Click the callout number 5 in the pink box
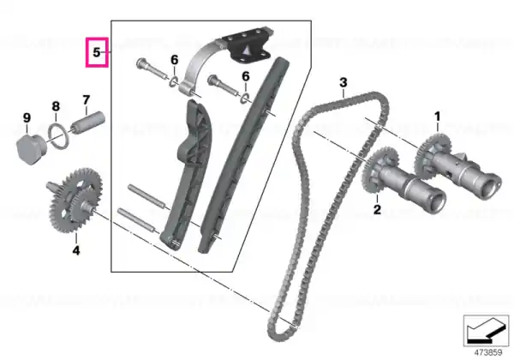[96, 52]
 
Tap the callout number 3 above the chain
[344, 82]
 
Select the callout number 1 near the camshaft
[437, 116]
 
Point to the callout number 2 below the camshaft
[377, 209]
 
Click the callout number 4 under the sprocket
[76, 250]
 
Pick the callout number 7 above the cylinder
[86, 99]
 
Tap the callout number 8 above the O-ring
[56, 106]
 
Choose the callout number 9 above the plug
[27, 117]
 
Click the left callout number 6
[175, 60]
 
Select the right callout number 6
[246, 76]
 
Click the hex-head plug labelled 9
[32, 149]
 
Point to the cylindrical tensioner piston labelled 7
[88, 123]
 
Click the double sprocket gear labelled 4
[75, 201]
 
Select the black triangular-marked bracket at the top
[248, 47]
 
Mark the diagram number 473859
[488, 352]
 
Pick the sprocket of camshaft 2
[380, 170]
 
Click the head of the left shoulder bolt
[141, 63]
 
